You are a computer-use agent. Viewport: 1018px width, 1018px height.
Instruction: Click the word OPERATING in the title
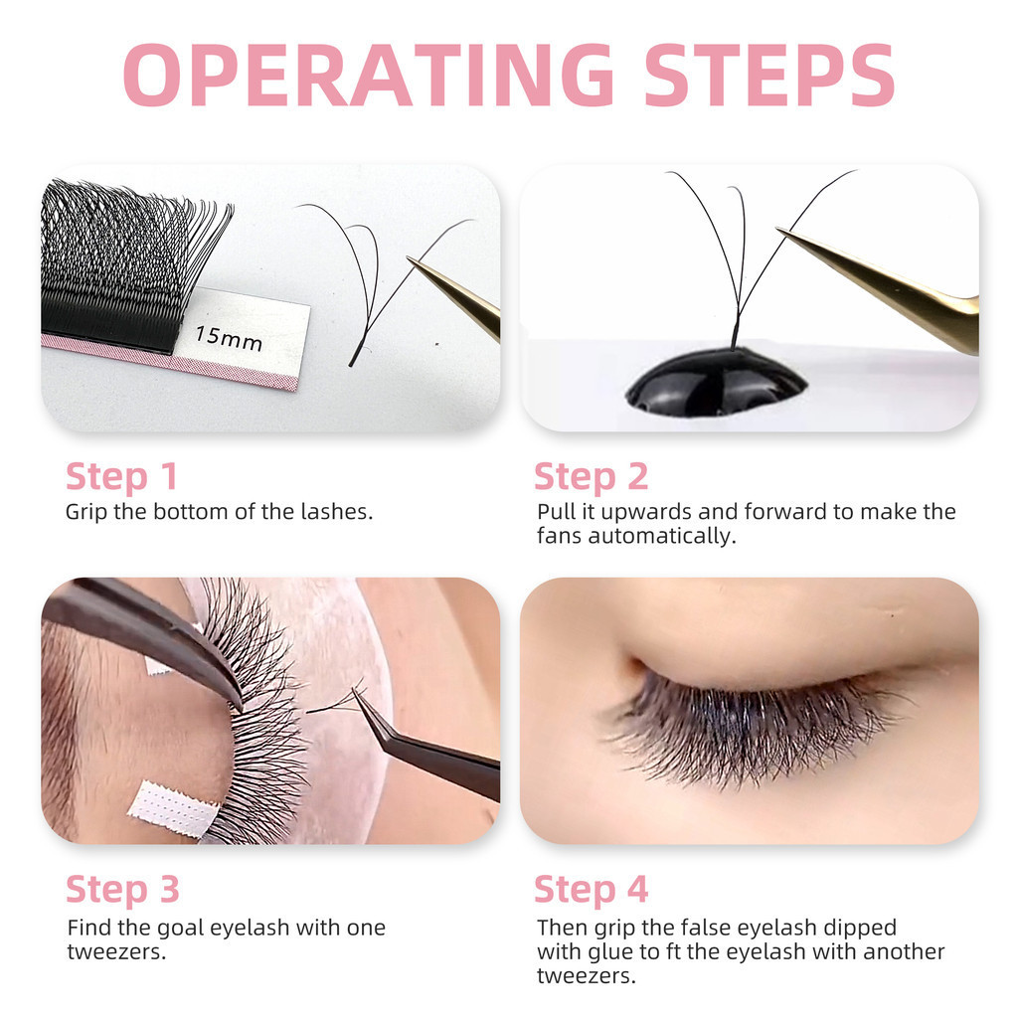click(x=368, y=74)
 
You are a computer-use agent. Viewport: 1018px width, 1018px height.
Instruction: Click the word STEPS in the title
click(x=770, y=74)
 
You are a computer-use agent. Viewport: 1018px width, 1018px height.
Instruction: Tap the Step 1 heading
click(x=121, y=477)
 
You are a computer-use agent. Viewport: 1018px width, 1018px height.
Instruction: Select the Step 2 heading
click(x=591, y=477)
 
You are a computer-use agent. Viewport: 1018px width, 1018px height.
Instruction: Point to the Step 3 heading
click(x=122, y=890)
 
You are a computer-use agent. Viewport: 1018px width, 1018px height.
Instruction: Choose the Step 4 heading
click(x=591, y=890)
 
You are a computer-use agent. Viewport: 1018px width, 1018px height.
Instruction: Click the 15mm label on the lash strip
click(x=229, y=338)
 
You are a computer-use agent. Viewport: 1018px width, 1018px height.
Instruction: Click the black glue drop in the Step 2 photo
click(x=716, y=382)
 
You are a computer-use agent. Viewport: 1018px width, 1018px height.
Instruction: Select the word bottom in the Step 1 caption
click(x=191, y=512)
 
